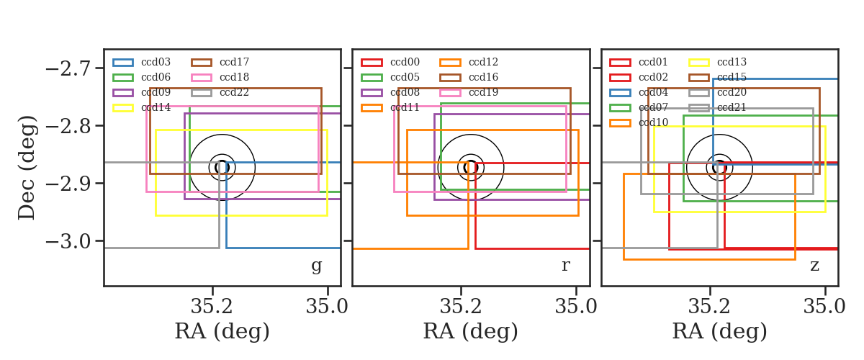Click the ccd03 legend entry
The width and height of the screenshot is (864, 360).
142,62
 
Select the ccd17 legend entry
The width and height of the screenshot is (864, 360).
220,62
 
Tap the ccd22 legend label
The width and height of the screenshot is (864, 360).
234,93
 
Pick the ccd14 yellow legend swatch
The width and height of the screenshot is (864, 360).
123,108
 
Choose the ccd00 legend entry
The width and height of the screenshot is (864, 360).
390,62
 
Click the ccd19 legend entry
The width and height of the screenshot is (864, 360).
469,93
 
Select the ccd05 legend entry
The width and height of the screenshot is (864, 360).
390,78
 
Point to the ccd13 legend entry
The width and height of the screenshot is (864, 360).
717,62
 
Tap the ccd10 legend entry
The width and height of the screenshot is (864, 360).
639,122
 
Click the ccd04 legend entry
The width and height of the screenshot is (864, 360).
639,93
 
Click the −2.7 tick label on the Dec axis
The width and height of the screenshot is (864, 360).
68,69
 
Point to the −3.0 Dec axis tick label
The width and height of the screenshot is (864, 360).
68,242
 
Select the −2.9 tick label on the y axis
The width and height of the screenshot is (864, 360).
68,184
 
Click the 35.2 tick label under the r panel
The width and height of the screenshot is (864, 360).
461,306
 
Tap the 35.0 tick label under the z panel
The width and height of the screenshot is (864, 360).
824,306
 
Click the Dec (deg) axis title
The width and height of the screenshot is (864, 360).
27,168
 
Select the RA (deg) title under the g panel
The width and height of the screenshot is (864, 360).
222,331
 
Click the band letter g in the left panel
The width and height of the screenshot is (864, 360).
316,266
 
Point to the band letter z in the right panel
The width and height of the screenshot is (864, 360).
814,266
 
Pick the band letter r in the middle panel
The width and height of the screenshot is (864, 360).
565,266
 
